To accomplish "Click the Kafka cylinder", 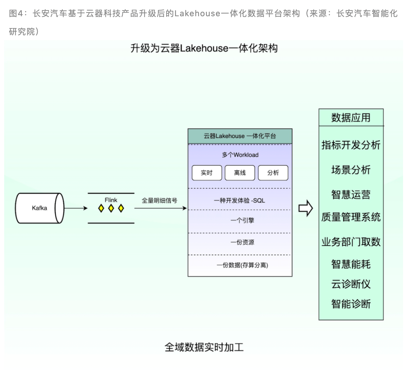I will click(39, 208).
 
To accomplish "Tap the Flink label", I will click(111, 200).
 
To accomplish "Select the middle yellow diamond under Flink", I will click(111, 209).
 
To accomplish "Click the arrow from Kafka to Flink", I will click(76, 208).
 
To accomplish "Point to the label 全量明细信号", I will click(159, 201).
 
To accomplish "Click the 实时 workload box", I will click(207, 173).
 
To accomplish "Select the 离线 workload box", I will click(240, 173).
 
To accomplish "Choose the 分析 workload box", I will click(273, 173).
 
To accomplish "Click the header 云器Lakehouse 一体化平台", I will click(240, 136).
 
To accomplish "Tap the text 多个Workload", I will click(240, 155).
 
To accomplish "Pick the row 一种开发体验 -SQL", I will click(240, 201).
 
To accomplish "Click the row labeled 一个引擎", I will click(242, 220).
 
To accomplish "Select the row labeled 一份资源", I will click(242, 242).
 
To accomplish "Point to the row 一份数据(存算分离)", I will click(242, 265).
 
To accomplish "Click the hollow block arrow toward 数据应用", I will click(306, 208).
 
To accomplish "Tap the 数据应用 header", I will click(351, 118).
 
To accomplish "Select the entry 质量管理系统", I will click(351, 217).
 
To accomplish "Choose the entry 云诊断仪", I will click(351, 284).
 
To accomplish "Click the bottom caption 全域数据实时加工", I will click(204, 347).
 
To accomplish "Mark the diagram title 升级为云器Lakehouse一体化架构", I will click(204, 48).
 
